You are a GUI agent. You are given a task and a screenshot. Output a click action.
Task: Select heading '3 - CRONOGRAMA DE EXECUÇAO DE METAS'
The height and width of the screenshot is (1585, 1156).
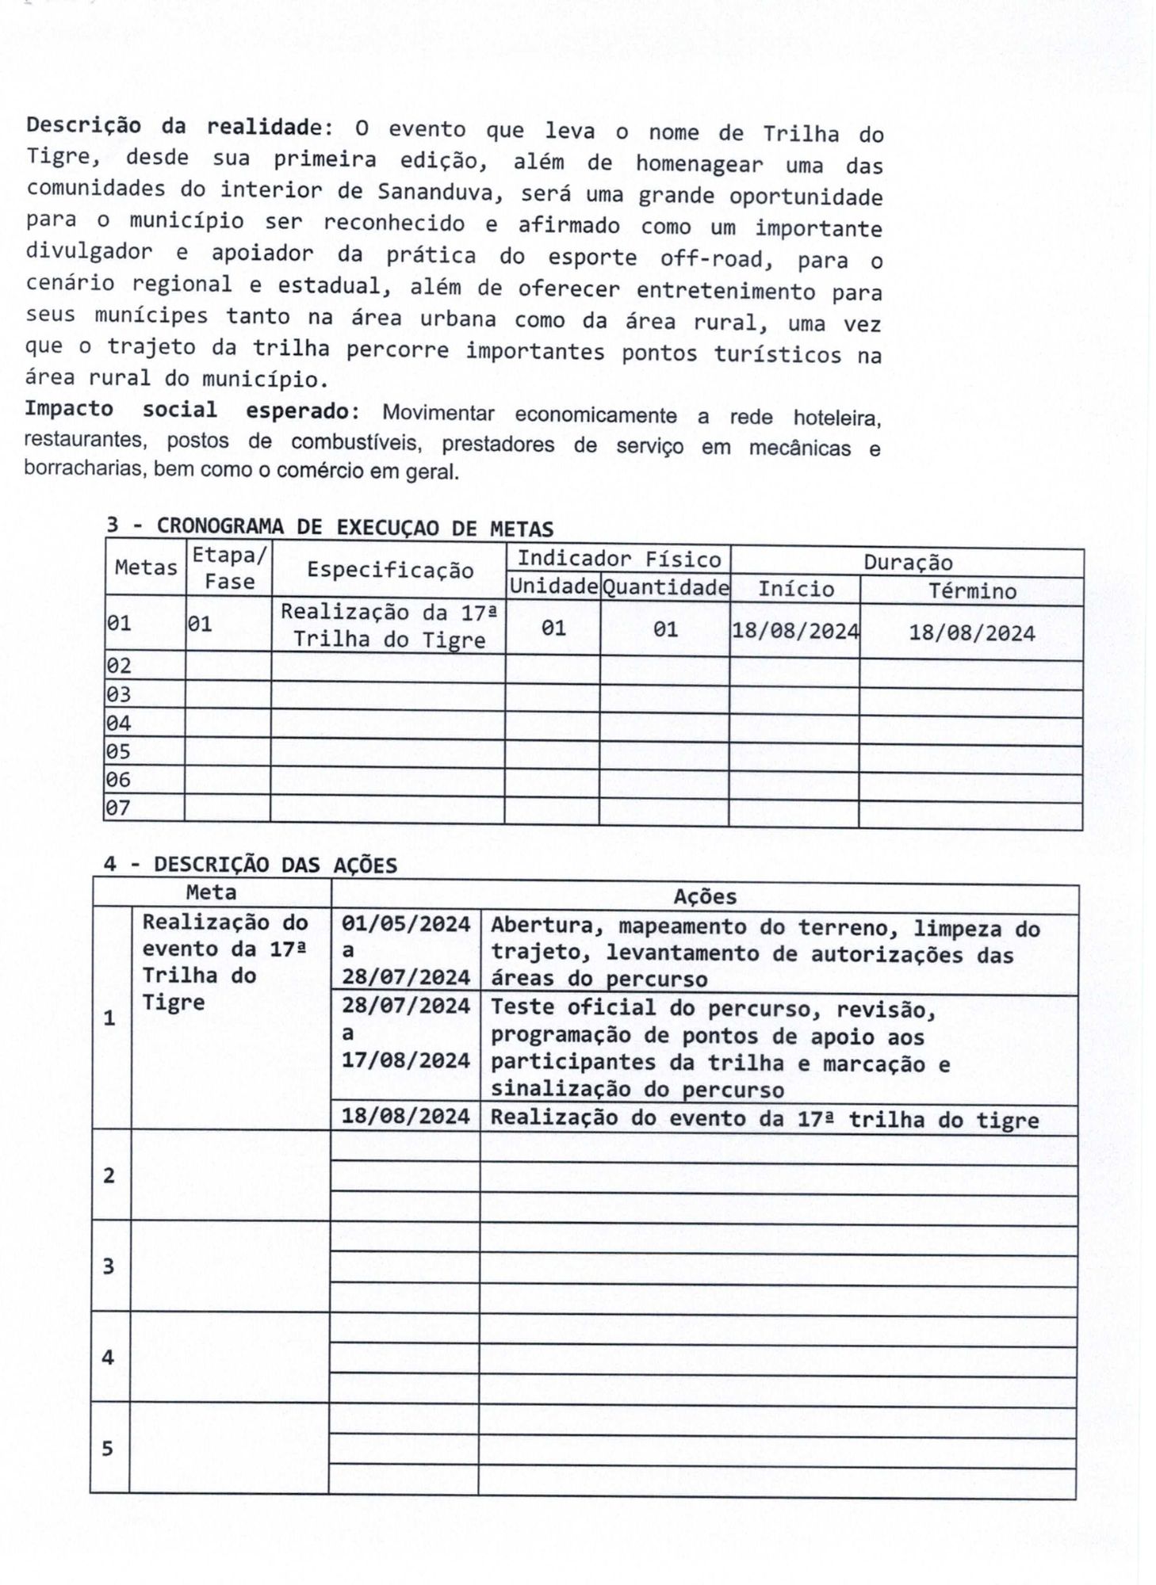click(330, 527)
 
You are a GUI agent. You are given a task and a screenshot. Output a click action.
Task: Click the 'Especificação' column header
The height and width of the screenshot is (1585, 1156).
click(389, 570)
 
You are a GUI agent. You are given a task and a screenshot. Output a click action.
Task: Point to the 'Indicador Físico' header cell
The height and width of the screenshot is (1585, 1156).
click(618, 560)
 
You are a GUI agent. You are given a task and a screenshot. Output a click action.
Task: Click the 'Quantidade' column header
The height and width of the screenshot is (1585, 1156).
click(664, 588)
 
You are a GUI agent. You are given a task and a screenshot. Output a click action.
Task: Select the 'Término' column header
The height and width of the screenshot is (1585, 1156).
click(971, 591)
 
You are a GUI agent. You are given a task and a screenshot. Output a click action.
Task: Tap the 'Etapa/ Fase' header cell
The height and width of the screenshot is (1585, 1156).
click(229, 568)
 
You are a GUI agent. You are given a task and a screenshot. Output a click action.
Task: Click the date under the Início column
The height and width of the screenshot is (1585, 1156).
click(794, 631)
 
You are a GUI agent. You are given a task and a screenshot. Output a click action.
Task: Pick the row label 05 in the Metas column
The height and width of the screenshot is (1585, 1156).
click(118, 751)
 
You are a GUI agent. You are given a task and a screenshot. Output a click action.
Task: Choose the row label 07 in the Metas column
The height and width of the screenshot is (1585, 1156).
click(118, 808)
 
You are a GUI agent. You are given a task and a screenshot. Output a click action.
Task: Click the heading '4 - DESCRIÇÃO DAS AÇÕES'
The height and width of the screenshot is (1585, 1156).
click(251, 865)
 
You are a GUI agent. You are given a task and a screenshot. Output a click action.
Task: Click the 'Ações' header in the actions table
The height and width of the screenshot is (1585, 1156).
click(704, 896)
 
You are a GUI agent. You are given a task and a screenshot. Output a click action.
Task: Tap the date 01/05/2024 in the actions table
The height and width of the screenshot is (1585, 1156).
click(406, 924)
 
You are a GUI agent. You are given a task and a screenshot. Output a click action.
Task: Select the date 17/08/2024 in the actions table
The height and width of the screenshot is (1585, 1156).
click(406, 1060)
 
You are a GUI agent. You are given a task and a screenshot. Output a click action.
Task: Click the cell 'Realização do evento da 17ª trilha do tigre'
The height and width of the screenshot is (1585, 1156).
click(764, 1119)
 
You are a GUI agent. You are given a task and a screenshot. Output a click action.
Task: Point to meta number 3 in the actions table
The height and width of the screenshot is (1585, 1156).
click(109, 1266)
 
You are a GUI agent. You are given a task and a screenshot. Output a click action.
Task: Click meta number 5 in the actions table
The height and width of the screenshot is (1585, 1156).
click(108, 1449)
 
